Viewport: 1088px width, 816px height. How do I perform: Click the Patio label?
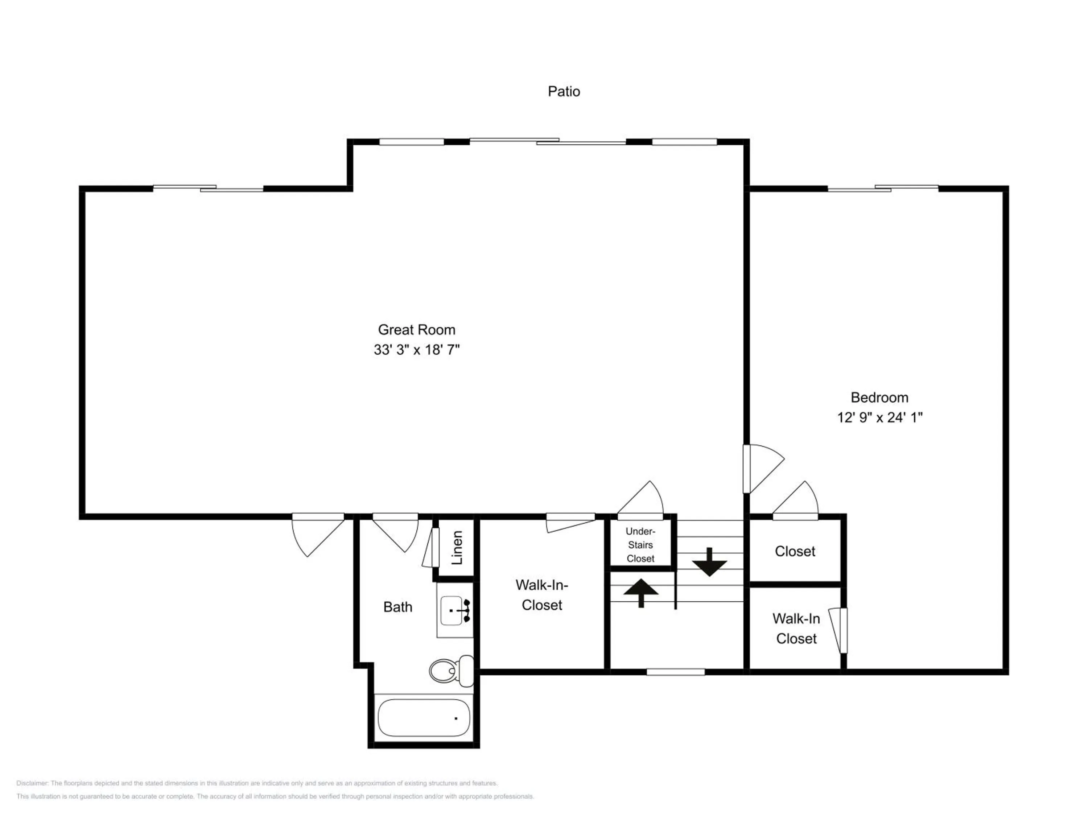(564, 91)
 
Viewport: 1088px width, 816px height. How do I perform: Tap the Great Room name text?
(416, 330)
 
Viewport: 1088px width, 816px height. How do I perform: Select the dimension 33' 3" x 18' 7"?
(416, 350)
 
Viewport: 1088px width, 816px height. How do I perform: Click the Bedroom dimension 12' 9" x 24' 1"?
(879, 417)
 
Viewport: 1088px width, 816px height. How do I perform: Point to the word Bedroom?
(879, 397)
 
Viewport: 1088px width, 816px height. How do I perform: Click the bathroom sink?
(455, 610)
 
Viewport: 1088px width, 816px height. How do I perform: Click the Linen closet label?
(457, 547)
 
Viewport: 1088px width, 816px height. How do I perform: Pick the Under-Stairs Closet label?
(640, 545)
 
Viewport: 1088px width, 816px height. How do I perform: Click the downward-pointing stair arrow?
(709, 562)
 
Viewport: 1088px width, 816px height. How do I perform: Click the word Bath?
(397, 607)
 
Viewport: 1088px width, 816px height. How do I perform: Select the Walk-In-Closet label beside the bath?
(541, 595)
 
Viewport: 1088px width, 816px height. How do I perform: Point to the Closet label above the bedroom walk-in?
(795, 551)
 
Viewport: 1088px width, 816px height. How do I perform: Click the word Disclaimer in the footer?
(32, 783)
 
